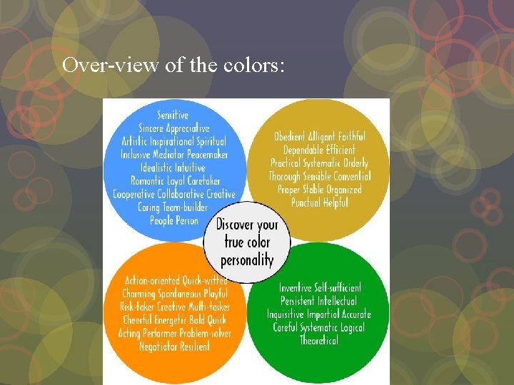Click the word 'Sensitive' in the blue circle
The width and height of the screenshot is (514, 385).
click(x=173, y=115)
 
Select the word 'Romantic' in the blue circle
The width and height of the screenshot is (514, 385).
click(x=150, y=180)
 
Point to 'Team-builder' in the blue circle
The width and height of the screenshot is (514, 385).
click(x=184, y=207)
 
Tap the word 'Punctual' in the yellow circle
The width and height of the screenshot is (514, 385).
click(x=308, y=202)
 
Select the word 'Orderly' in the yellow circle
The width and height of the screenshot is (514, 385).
click(x=354, y=163)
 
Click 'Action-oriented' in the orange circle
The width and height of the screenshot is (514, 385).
click(x=153, y=280)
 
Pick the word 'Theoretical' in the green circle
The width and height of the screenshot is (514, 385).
click(x=319, y=340)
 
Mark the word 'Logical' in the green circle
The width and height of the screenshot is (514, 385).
click(x=350, y=327)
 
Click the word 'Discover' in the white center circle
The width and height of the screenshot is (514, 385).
click(x=234, y=225)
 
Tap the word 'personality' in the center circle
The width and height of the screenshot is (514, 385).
click(x=247, y=259)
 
